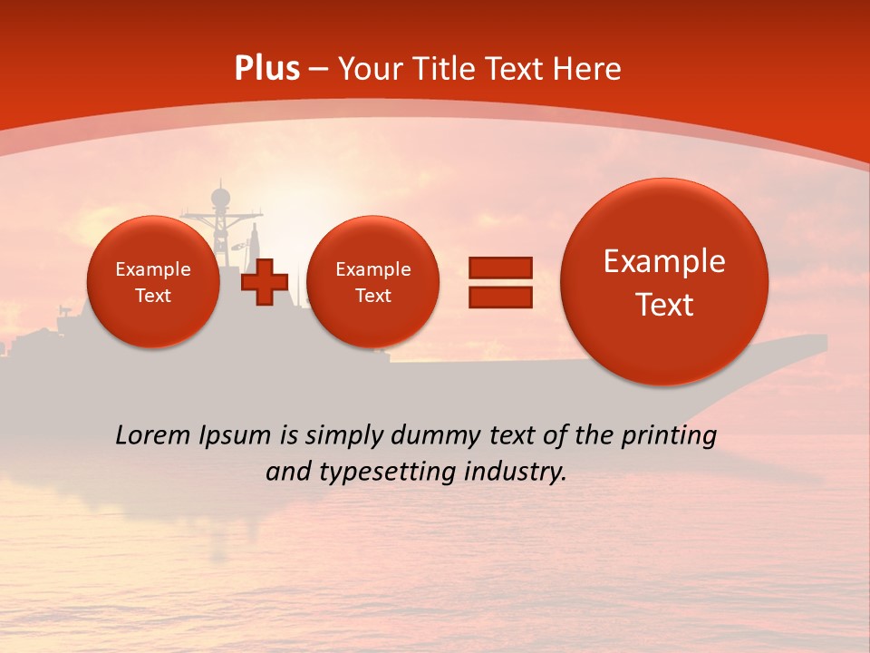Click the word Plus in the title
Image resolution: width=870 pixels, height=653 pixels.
(x=266, y=69)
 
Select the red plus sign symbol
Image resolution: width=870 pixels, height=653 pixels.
(x=265, y=281)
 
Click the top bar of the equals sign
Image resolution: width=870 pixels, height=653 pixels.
(x=500, y=268)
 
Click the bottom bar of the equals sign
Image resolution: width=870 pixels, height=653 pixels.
(x=500, y=297)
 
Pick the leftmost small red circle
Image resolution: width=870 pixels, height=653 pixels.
(x=153, y=282)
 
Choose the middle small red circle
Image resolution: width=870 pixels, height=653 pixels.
(x=373, y=282)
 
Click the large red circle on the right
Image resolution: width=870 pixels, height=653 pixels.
(x=664, y=282)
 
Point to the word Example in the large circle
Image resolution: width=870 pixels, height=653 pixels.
(x=664, y=261)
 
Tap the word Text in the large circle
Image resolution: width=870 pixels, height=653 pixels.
(x=664, y=305)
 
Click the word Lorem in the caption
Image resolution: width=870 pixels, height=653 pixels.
(x=152, y=435)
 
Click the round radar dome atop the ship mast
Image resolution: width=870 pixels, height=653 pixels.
(x=220, y=196)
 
